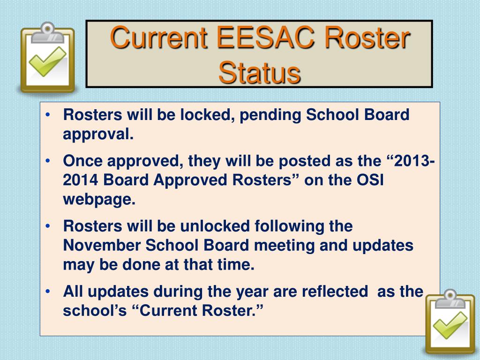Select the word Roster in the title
coord(367,39)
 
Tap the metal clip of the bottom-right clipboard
coord(450,297)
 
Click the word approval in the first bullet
coord(97,135)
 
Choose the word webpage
coord(98,200)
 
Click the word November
coord(102,246)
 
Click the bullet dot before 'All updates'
coord(49,292)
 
